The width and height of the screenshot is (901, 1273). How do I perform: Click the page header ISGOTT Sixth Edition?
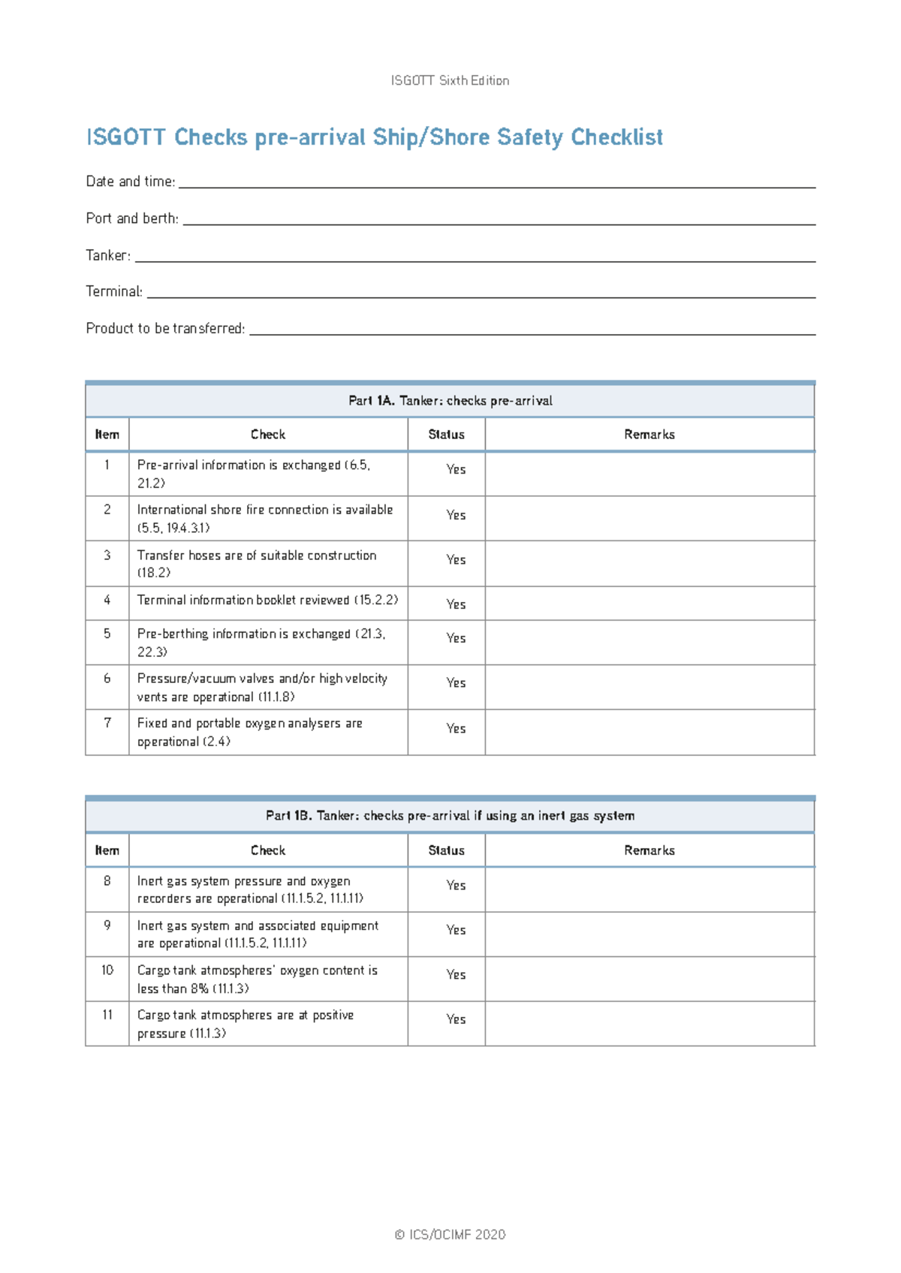pos(450,80)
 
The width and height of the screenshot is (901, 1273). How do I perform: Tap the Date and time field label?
pos(131,182)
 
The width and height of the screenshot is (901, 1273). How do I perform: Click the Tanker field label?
pos(108,255)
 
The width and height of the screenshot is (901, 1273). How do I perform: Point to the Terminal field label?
pos(114,291)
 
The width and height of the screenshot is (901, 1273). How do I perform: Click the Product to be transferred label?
pos(165,328)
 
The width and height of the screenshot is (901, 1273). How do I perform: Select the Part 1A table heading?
pos(450,401)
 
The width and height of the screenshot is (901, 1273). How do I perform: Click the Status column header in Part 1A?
pos(446,435)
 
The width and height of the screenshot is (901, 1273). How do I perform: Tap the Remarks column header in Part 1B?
pos(649,850)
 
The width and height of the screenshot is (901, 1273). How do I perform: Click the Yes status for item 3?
pos(456,560)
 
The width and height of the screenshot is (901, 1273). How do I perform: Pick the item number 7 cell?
pos(107,723)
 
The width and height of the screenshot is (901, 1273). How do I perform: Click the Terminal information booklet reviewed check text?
pos(267,600)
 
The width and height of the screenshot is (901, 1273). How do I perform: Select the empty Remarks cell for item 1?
pos(649,474)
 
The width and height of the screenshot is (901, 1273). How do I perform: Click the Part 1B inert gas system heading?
pos(450,816)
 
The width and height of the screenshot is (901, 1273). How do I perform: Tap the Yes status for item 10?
pos(456,974)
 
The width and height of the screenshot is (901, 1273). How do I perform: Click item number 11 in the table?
pos(107,1015)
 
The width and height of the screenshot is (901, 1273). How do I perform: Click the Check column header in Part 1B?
pos(268,850)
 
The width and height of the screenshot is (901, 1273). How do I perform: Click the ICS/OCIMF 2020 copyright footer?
pos(450,1235)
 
